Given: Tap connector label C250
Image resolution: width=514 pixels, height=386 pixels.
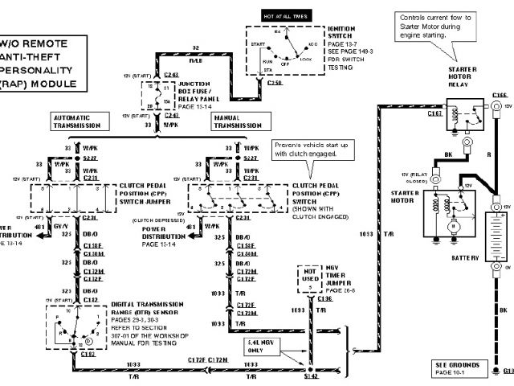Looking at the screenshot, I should pyautogui.click(x=275, y=83).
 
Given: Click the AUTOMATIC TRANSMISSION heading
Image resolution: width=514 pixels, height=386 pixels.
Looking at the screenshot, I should pyautogui.click(x=79, y=122).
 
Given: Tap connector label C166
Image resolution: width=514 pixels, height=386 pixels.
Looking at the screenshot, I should pyautogui.click(x=499, y=95).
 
